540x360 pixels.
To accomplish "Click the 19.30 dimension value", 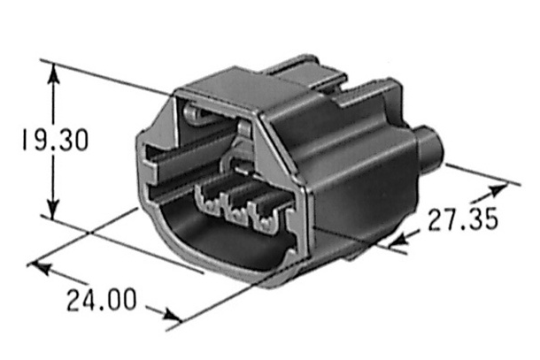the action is (x=56, y=140).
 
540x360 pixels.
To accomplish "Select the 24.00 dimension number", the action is (x=102, y=300).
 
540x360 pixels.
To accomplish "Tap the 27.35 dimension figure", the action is (x=463, y=218).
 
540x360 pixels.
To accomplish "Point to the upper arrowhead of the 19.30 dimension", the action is (x=53, y=73).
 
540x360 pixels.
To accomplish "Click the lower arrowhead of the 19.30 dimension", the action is (x=53, y=209).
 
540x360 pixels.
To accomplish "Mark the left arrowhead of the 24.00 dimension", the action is (x=39, y=268).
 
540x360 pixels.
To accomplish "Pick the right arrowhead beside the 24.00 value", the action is (x=172, y=315).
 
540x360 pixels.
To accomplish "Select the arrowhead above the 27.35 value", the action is (x=498, y=190).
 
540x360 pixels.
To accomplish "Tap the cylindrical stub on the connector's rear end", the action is (x=429, y=148).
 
